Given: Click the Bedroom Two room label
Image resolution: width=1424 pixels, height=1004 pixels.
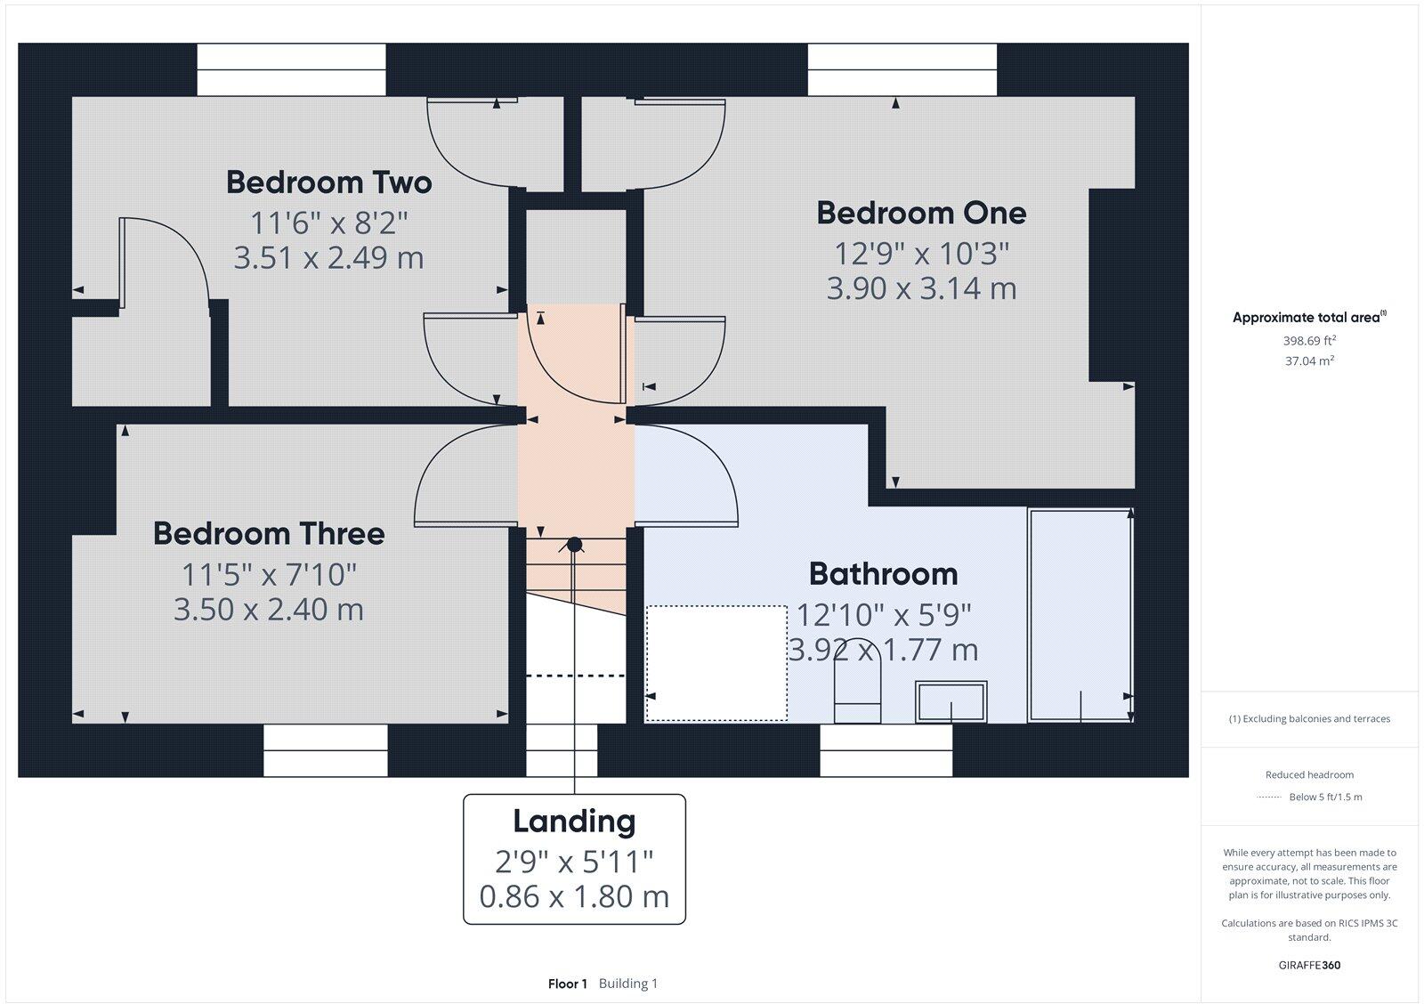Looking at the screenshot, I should pyautogui.click(x=328, y=182).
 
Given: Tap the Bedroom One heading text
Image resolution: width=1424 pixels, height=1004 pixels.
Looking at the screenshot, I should pyautogui.click(x=921, y=213).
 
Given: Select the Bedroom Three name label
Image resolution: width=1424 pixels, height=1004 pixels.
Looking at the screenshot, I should pyautogui.click(x=269, y=533).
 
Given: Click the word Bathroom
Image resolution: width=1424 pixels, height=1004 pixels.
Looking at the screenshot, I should pyautogui.click(x=883, y=573).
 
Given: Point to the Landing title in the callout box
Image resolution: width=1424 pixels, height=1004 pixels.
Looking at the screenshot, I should pyautogui.click(x=574, y=821).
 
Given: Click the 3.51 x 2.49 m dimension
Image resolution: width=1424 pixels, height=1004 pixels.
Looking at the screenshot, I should pyautogui.click(x=328, y=257).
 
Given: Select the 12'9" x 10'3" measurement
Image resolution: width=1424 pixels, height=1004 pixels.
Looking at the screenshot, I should pyautogui.click(x=921, y=254).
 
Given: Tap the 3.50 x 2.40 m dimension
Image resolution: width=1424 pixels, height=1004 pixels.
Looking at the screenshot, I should pyautogui.click(x=269, y=610).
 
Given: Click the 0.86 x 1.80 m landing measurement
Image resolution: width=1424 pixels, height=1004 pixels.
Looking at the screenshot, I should pyautogui.click(x=574, y=896).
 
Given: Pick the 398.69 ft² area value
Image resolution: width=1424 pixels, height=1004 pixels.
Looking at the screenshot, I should pyautogui.click(x=1309, y=340).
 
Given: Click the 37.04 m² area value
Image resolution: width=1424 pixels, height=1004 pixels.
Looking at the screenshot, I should pyautogui.click(x=1309, y=360).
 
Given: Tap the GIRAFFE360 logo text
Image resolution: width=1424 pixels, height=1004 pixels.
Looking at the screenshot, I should pyautogui.click(x=1309, y=965).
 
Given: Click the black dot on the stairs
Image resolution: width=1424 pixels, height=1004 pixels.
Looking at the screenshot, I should pyautogui.click(x=574, y=544).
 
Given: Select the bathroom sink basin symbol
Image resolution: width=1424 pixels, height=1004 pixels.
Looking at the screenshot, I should pyautogui.click(x=951, y=701).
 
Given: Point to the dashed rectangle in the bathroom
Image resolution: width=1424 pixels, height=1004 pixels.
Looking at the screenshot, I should pyautogui.click(x=716, y=663).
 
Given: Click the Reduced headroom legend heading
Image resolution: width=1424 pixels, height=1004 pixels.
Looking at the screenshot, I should pyautogui.click(x=1309, y=774).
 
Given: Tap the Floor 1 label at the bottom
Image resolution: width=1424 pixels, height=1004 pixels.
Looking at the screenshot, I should pyautogui.click(x=568, y=984).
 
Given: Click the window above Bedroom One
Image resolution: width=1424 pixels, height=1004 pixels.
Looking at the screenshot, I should pyautogui.click(x=902, y=69).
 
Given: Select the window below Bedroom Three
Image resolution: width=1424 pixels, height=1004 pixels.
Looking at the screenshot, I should pyautogui.click(x=326, y=750).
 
